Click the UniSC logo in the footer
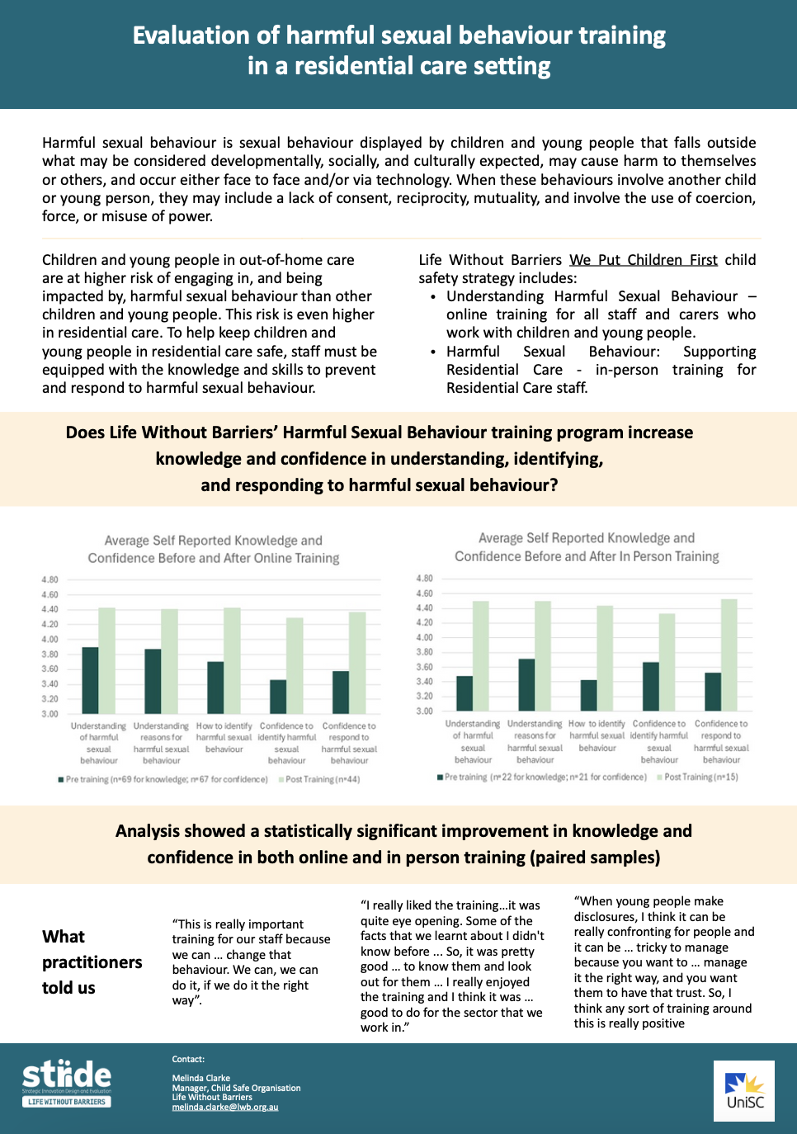coord(744,1090)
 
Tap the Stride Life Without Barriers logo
coord(66,1082)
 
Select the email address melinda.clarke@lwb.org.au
coord(224,1107)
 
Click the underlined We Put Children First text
coord(644,260)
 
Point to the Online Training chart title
coord(214,549)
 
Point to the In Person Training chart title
coord(587,547)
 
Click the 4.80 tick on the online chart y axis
coord(50,579)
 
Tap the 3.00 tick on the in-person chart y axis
coord(424,711)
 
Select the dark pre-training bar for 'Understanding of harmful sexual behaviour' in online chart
coord(90,680)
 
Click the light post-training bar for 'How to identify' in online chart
coord(232,660)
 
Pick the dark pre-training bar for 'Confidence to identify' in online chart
coord(278,697)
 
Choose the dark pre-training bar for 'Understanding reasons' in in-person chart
coord(526,684)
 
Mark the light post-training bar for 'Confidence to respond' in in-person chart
coord(729,654)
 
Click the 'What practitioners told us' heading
coord(92,962)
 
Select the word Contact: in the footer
coord(188,1059)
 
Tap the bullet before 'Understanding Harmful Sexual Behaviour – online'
coord(433,296)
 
